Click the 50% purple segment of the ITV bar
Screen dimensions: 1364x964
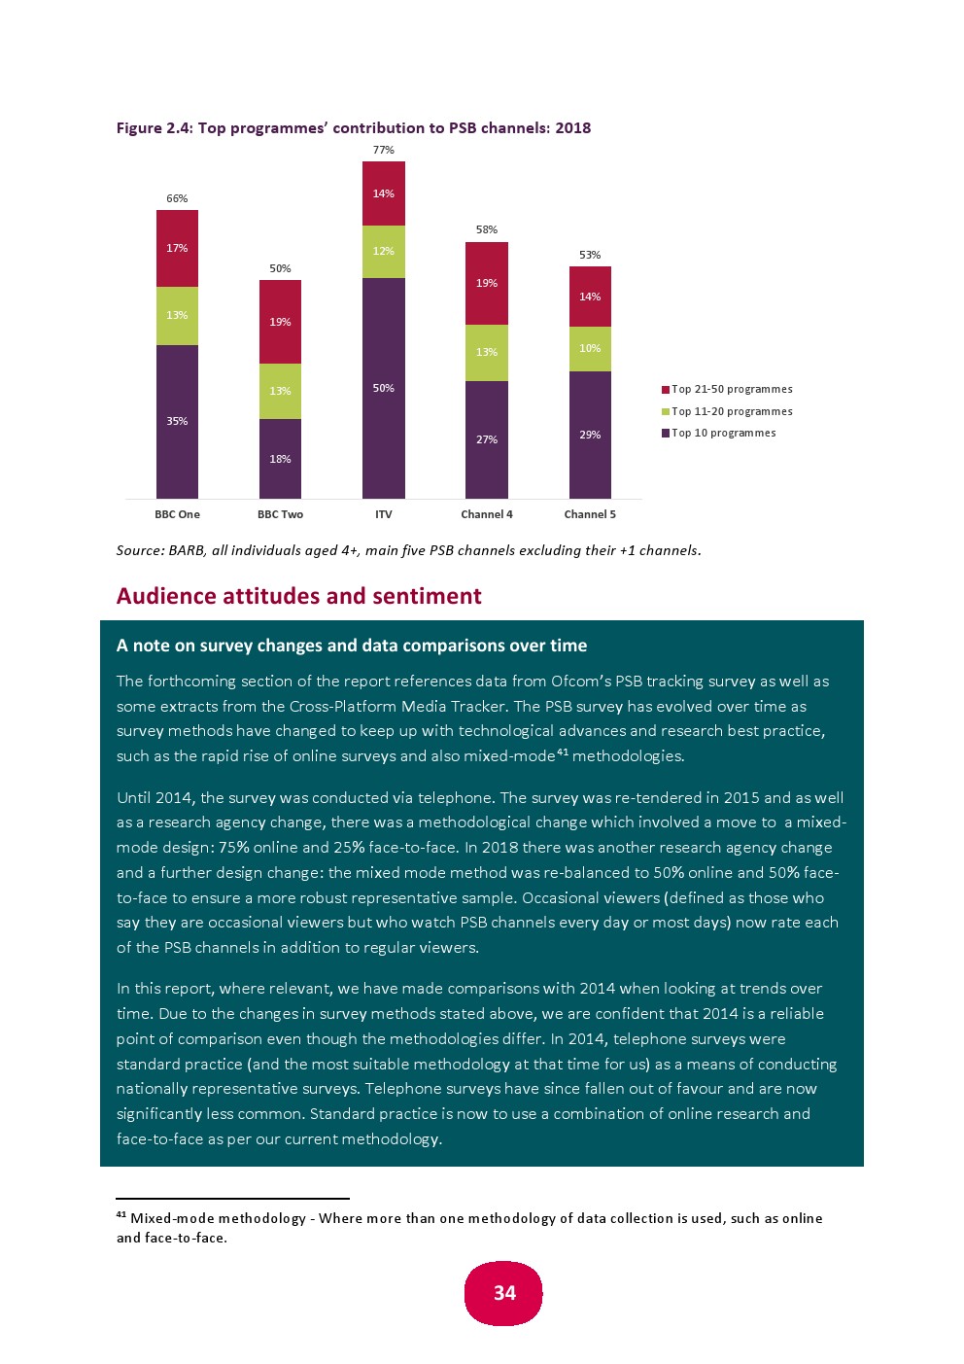coord(383,388)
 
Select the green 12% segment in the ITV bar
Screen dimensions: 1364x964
coord(383,251)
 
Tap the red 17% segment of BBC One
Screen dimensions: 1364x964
coord(177,248)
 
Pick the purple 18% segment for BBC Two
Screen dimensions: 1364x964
coord(280,458)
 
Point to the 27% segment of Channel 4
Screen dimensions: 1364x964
coord(486,439)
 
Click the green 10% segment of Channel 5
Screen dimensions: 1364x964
coord(590,348)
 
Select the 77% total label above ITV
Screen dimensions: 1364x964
coord(384,150)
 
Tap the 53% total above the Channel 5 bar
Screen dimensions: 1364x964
coord(590,255)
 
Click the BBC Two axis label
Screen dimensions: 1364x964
coord(280,514)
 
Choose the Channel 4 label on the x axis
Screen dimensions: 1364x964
coord(486,514)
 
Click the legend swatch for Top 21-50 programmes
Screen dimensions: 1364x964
coord(666,390)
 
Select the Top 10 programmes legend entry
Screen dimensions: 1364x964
coord(723,433)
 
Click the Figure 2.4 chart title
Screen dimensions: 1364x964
coord(353,127)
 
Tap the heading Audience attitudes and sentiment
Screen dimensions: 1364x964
coord(298,596)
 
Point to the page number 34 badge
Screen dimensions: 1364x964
coord(503,1293)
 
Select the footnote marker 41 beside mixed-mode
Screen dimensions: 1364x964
coord(562,752)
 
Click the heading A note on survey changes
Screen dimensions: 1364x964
coord(351,646)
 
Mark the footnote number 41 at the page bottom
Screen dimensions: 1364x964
coord(121,1215)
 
